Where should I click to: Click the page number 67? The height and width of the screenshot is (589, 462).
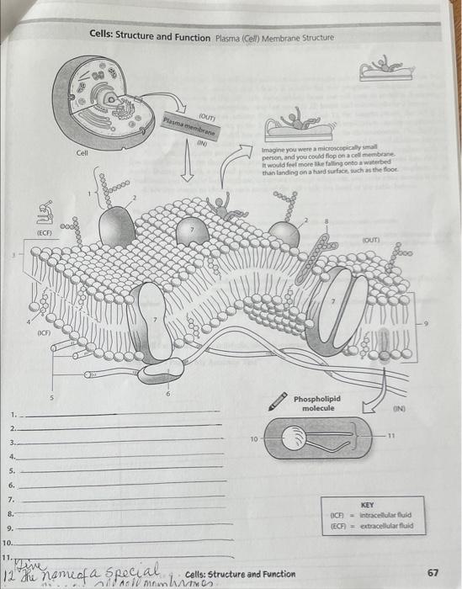point(433,572)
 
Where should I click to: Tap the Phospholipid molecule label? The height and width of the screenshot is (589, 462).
point(318,402)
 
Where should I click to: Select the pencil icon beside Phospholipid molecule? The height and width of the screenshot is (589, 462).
point(275,403)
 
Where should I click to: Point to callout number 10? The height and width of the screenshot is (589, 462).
point(252,439)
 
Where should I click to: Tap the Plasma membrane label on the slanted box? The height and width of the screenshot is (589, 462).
point(190,127)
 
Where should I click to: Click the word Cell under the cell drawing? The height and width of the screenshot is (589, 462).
point(82,153)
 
